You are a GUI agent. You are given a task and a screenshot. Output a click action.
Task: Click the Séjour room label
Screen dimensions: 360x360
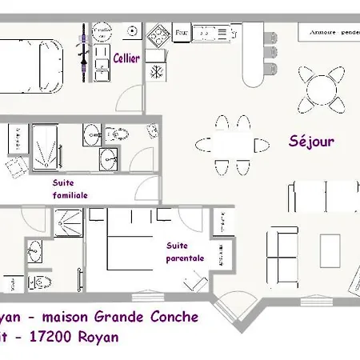[311, 142]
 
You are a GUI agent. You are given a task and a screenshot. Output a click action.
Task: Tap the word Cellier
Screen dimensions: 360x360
[126, 58]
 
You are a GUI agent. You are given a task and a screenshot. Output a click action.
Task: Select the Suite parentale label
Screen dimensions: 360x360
[186, 252]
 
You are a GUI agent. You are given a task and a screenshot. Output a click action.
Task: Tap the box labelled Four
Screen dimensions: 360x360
[181, 34]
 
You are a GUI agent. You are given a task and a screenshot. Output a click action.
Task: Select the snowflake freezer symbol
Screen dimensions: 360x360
[154, 70]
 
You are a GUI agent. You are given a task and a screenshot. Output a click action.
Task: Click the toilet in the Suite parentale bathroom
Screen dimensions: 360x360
[38, 282]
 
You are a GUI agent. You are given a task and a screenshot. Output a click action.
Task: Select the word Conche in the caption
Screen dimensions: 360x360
[170, 317]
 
